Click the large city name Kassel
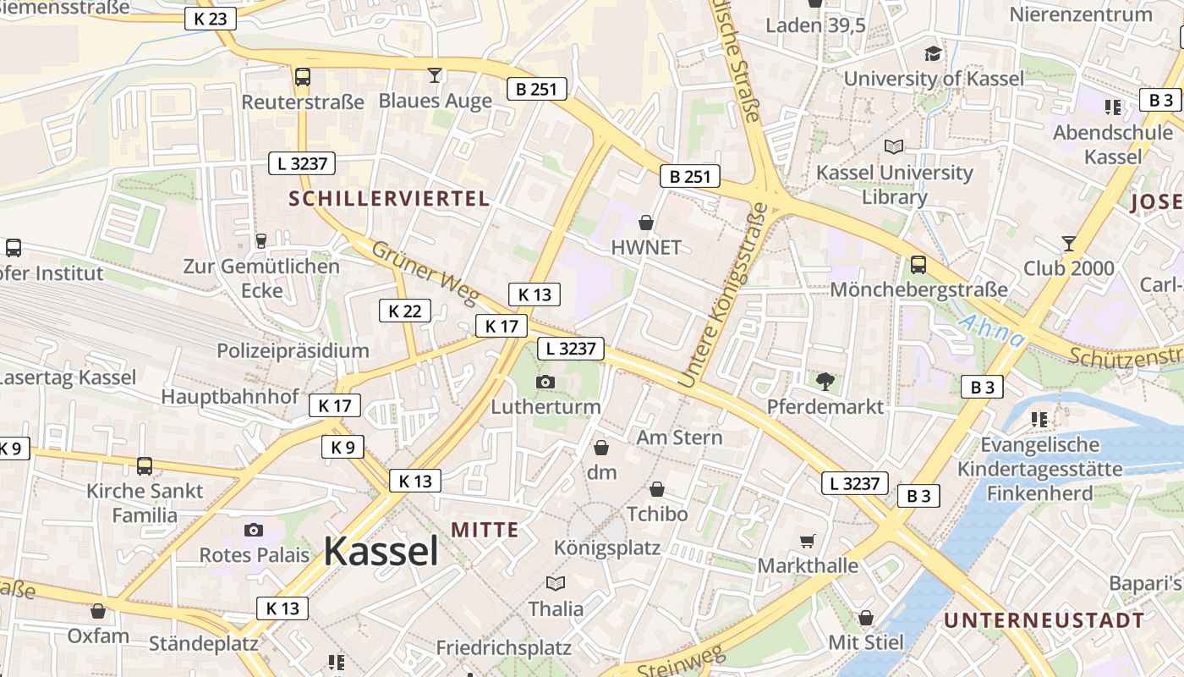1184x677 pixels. coord(381,552)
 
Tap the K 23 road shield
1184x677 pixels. coord(210,18)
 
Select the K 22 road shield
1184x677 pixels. coord(404,311)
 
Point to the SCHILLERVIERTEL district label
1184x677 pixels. coord(389,199)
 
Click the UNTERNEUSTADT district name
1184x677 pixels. coord(1044,619)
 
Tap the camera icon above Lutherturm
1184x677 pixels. coord(545,382)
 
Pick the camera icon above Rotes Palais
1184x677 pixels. coord(253,530)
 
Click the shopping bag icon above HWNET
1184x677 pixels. coord(646,223)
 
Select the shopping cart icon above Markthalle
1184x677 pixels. coord(808,540)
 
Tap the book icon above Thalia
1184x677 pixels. coord(556,583)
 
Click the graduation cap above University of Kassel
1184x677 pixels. coord(933,53)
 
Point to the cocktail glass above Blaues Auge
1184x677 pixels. coord(435,75)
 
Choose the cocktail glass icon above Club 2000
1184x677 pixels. coord(1069,243)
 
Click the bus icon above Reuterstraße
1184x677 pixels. coord(302,77)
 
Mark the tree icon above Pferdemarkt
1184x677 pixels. coord(825,382)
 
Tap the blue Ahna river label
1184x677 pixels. coord(992,331)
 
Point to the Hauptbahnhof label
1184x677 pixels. coord(230,396)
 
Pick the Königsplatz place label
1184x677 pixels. coord(606,547)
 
